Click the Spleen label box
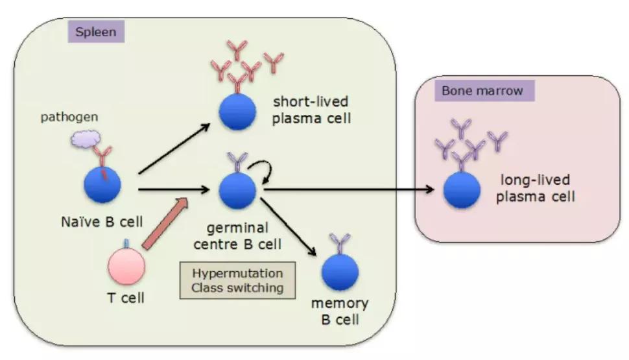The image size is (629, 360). [95, 31]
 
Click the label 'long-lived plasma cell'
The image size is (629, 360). [535, 188]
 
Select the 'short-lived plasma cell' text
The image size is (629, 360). [310, 110]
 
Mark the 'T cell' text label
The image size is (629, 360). [126, 298]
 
